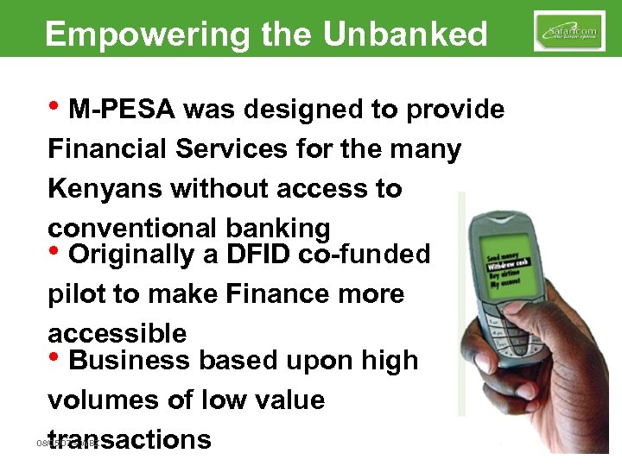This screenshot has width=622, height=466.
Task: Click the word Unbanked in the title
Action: (405, 34)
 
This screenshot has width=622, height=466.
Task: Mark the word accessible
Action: (117, 334)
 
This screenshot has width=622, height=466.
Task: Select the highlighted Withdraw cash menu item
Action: (512, 267)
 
